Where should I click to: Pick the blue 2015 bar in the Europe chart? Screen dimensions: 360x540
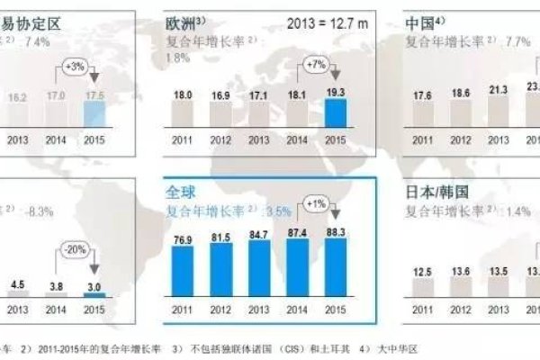coord(336,112)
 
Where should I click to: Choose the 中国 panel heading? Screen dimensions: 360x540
coord(418,22)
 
